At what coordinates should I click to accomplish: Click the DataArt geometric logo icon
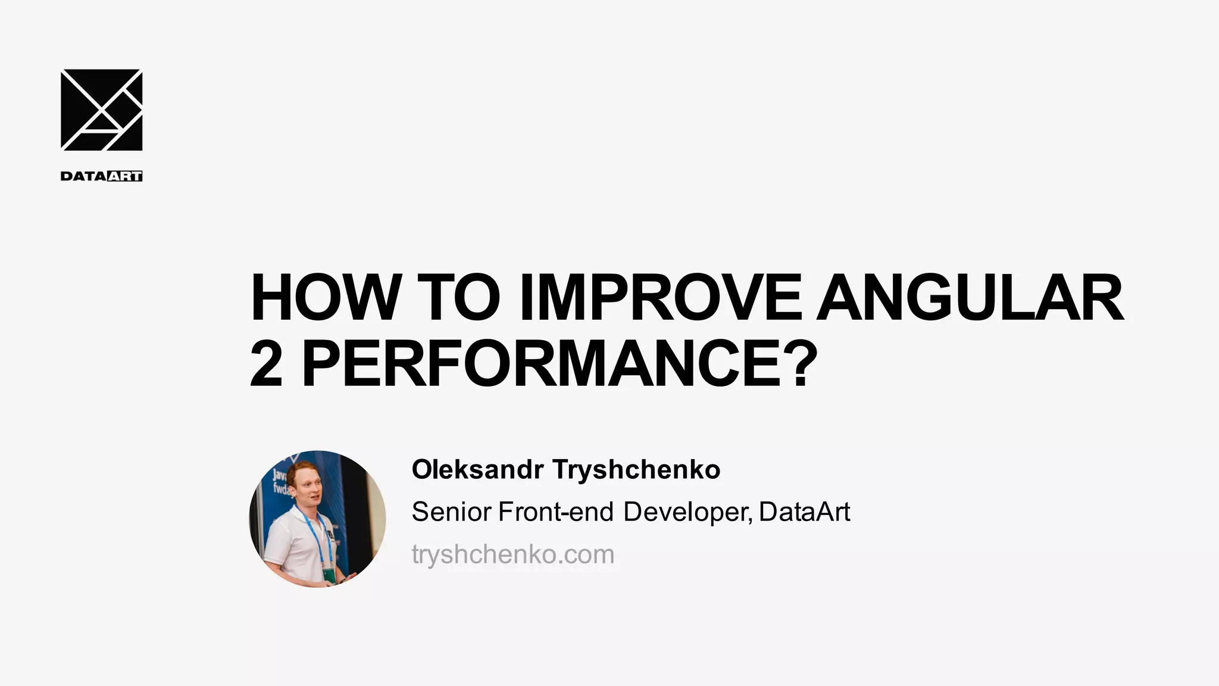tap(101, 110)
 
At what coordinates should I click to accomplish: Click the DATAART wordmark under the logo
tap(101, 176)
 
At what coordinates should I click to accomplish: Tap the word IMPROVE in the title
tap(660, 297)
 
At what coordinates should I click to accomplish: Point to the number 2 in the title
tap(266, 363)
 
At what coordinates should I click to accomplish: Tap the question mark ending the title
tap(798, 363)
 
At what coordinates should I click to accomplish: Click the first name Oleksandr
tap(477, 470)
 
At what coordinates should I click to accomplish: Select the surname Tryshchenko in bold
tap(636, 470)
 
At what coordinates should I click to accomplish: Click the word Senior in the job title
tap(451, 512)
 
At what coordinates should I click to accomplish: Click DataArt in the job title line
tap(804, 512)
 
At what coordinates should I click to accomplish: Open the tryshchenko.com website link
tap(512, 554)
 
